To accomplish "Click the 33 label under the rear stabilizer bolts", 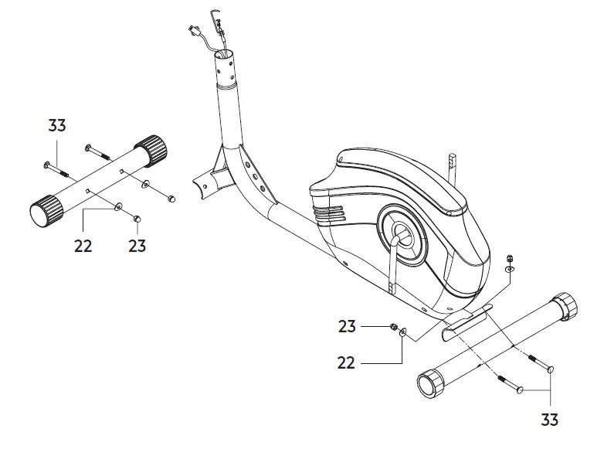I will click(548, 420).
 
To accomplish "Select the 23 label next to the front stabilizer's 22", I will click(137, 246).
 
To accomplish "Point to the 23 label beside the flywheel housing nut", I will click(348, 326).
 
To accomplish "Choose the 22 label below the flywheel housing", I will click(347, 361).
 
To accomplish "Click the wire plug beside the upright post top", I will click(193, 31).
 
